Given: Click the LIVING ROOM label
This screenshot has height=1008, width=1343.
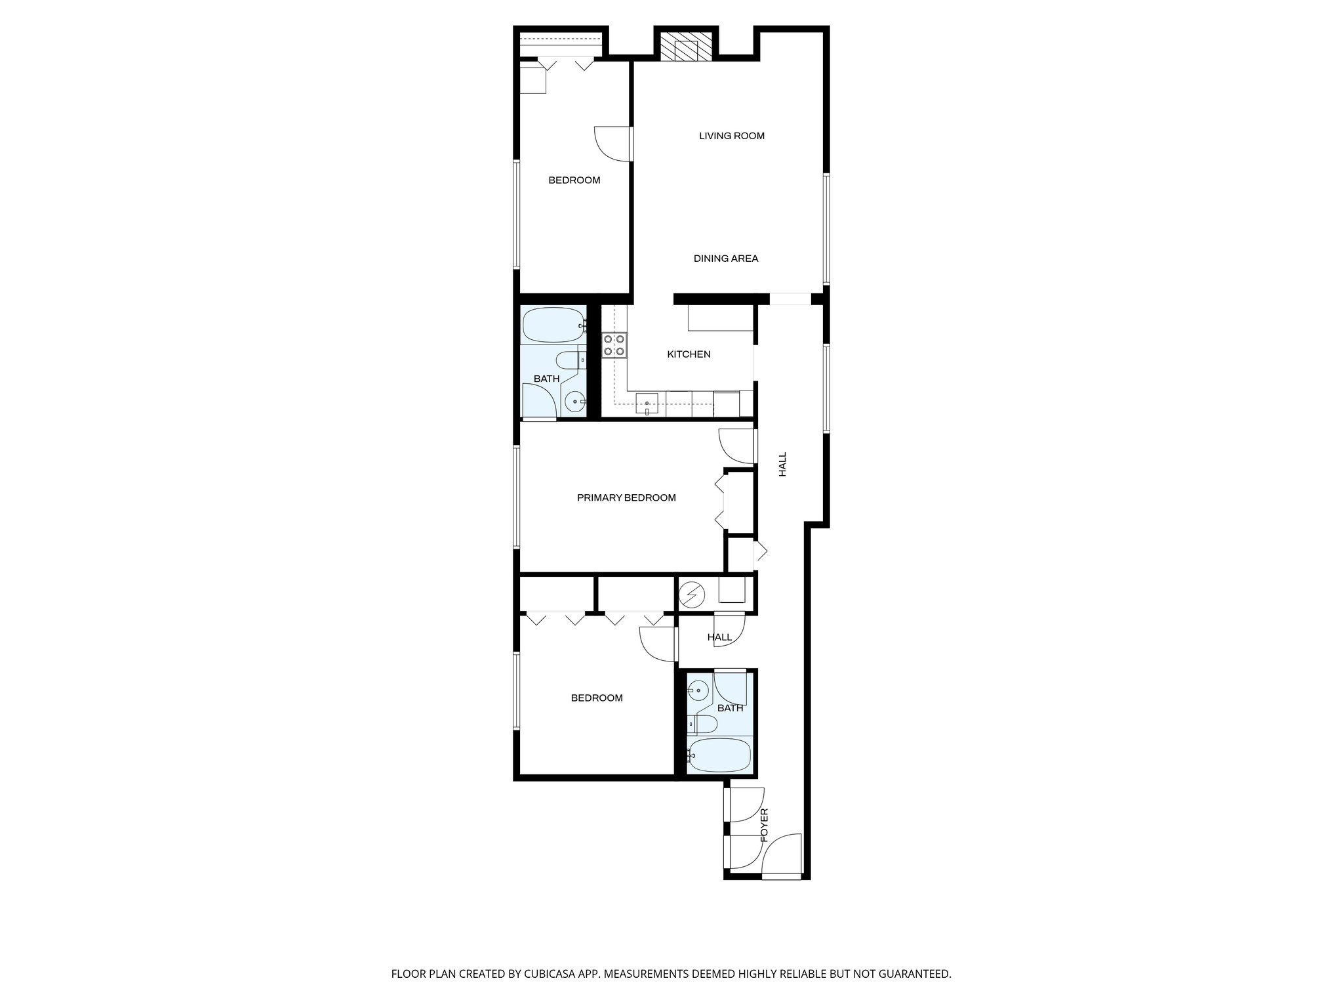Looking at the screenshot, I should pyautogui.click(x=731, y=136).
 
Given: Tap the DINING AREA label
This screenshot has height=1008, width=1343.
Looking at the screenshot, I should pyautogui.click(x=726, y=259).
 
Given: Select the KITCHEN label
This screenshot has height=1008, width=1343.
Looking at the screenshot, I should pyautogui.click(x=689, y=354).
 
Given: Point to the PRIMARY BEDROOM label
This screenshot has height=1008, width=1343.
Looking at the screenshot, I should pyautogui.click(x=626, y=497).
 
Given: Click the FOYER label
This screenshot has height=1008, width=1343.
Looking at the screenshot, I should pyautogui.click(x=764, y=825).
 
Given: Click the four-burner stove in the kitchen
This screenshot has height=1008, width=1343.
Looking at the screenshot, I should pyautogui.click(x=614, y=345).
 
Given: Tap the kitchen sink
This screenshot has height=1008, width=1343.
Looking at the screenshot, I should pyautogui.click(x=647, y=403).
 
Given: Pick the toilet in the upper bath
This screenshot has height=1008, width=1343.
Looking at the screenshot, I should pyautogui.click(x=568, y=360).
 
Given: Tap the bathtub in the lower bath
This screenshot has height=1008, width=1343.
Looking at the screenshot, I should pyautogui.click(x=719, y=755).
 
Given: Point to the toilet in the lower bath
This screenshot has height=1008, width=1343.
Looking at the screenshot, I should pyautogui.click(x=703, y=724).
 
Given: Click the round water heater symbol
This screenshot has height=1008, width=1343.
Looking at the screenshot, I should pyautogui.click(x=691, y=595).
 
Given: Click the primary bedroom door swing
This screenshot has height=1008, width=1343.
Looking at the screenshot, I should pyautogui.click(x=736, y=446).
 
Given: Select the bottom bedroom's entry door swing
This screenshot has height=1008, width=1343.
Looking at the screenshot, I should pyautogui.click(x=658, y=643).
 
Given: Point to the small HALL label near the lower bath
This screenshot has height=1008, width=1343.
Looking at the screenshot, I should pyautogui.click(x=719, y=637).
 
